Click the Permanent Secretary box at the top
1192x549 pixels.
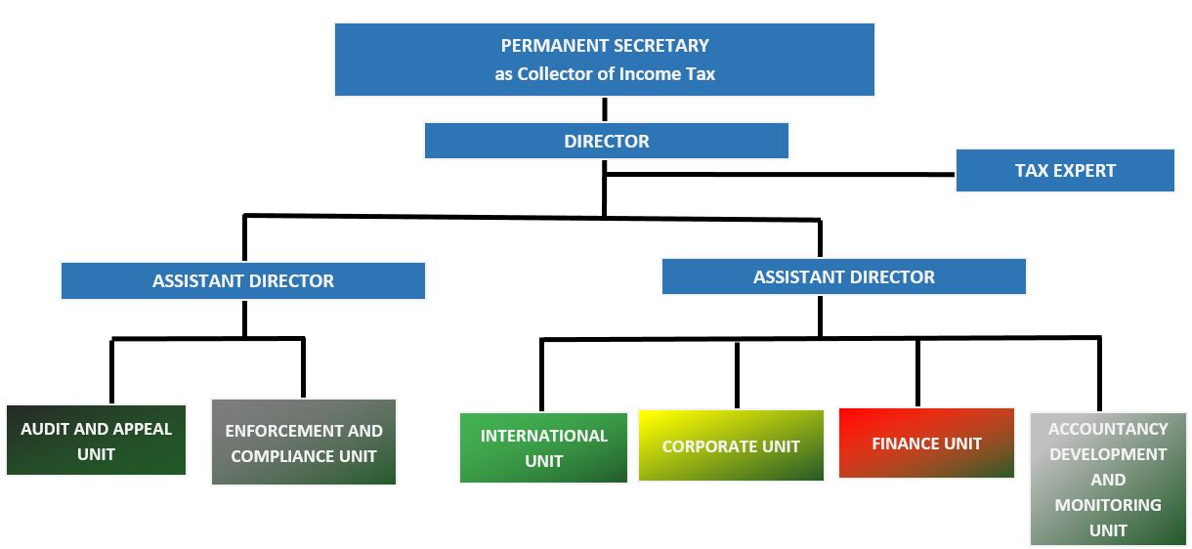pyautogui.click(x=604, y=60)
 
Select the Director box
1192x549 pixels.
pyautogui.click(x=606, y=141)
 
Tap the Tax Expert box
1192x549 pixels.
pyautogui.click(x=1064, y=170)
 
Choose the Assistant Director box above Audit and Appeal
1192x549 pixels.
pyautogui.click(x=242, y=280)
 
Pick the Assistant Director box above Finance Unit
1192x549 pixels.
pyautogui.click(x=843, y=276)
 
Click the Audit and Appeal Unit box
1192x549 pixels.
pyautogui.click(x=96, y=441)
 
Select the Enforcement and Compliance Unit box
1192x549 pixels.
pyautogui.click(x=304, y=443)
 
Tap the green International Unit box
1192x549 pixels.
pyautogui.click(x=544, y=447)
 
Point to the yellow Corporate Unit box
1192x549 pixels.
pyautogui.click(x=731, y=445)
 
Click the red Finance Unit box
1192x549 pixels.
pyautogui.click(x=926, y=443)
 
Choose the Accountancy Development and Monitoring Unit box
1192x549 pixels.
pyautogui.click(x=1108, y=479)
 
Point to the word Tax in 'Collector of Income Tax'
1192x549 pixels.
pyautogui.click(x=701, y=74)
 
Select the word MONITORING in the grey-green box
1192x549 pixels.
pyautogui.click(x=1108, y=505)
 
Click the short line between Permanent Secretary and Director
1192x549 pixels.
pyautogui.click(x=605, y=109)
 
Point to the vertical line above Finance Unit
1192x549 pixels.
pyautogui.click(x=917, y=372)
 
